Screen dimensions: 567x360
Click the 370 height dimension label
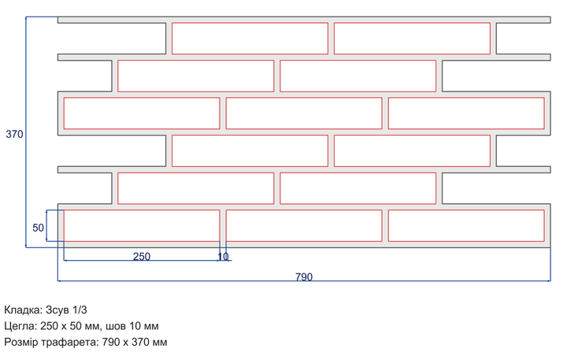14,134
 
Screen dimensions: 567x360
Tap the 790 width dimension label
304,276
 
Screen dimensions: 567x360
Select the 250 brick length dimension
142,257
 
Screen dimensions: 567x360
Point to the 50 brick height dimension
38,228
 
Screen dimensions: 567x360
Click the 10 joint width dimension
223,257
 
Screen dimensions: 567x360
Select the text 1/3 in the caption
80,310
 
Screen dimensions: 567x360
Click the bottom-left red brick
142,225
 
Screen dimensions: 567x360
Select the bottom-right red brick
466,225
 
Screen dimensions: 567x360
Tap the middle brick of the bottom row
304,225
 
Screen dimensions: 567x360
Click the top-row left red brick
250,39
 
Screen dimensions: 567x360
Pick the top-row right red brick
412,39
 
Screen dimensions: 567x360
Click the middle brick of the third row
304,113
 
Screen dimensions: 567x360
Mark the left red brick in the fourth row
250,151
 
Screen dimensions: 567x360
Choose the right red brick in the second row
358,76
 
